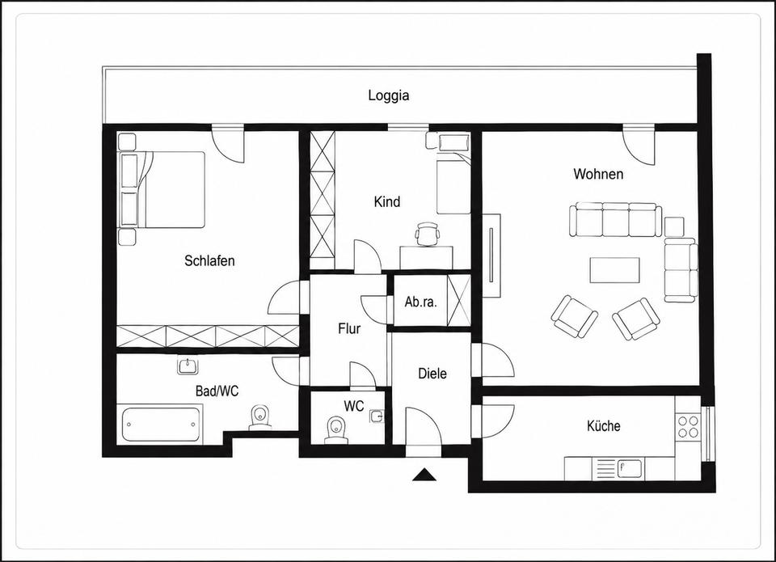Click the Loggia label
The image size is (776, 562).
coord(389,95)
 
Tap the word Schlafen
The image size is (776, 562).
coord(209,260)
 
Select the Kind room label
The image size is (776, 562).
coord(387,201)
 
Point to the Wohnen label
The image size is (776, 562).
coord(598,174)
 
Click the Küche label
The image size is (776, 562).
coord(603,425)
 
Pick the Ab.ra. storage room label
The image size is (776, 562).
coord(420,302)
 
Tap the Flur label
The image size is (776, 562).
coord(349,328)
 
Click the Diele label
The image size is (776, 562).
coord(432,374)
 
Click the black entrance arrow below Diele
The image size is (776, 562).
coord(424,475)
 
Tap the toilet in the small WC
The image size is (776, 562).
coord(336,429)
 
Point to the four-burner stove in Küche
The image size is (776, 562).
coord(688,427)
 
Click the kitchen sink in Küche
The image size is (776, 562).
coord(630,467)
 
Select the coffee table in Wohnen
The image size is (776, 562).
coord(614,270)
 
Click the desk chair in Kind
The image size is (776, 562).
coord(428,233)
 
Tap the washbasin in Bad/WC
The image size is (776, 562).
coord(188,366)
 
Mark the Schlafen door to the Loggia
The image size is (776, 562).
coord(228,143)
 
